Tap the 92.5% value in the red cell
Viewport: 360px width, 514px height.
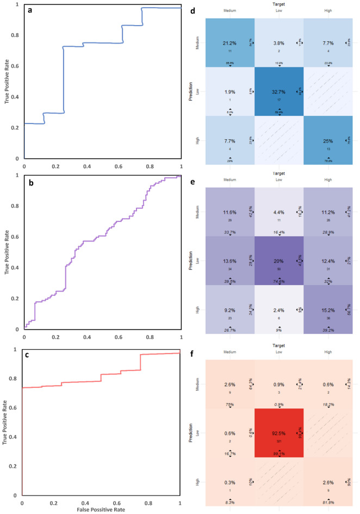[x=278, y=432]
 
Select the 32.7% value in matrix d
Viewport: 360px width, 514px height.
[x=278, y=92]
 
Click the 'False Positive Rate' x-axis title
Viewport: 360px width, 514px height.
[x=102, y=510]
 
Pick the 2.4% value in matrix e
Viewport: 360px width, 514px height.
[x=278, y=312]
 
